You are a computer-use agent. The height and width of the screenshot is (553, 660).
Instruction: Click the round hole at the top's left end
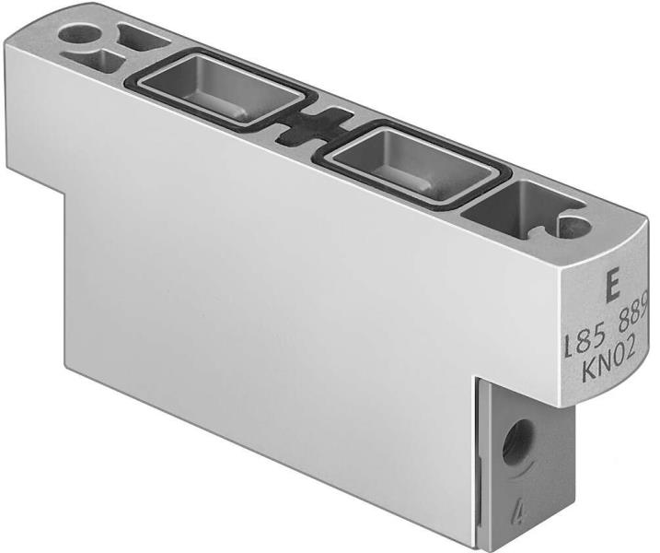point(78,34)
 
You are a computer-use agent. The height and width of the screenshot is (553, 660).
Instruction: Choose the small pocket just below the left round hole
point(98,61)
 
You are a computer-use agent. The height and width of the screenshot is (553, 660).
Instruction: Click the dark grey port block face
point(525,461)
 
